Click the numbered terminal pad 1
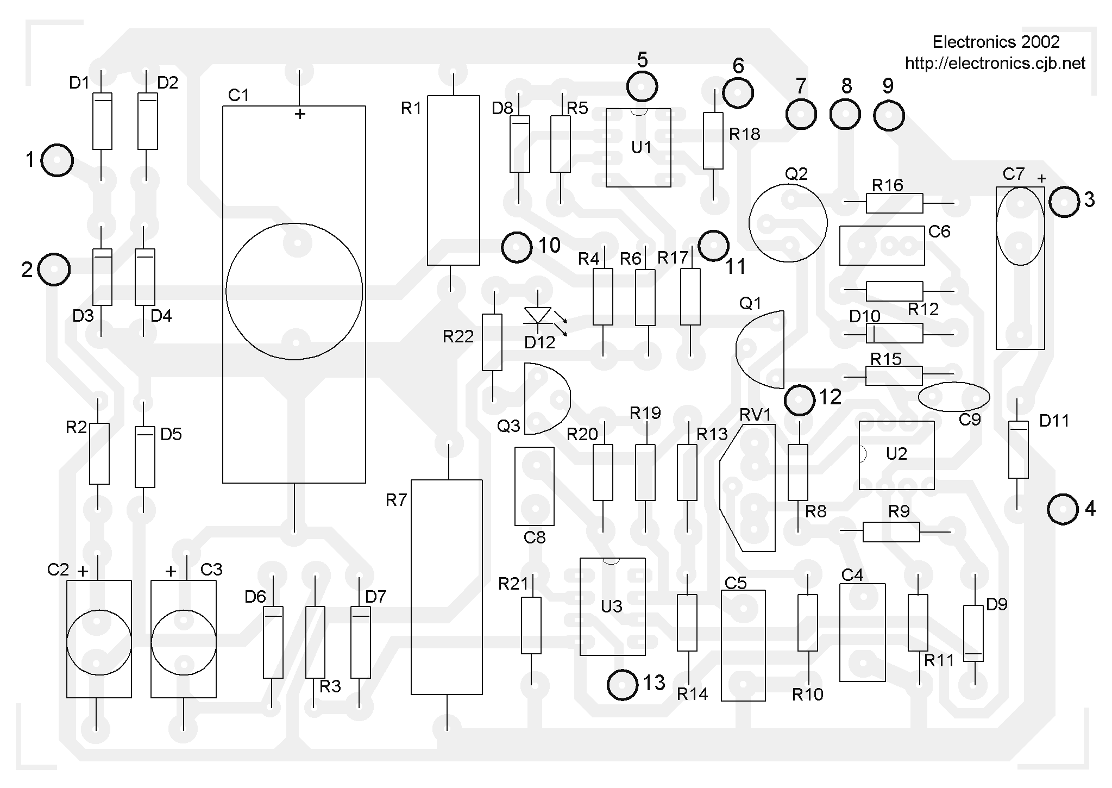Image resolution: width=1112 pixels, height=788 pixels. [x=57, y=160]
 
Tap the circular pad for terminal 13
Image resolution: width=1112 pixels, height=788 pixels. [x=623, y=685]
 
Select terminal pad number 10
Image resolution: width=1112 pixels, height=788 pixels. [x=516, y=247]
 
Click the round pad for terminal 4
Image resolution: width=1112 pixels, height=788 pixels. [x=1063, y=509]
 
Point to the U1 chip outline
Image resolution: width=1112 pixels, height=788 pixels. [x=638, y=148]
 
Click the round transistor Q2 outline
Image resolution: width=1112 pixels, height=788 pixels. [x=788, y=223]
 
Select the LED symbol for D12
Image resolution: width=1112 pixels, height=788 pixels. [x=538, y=316]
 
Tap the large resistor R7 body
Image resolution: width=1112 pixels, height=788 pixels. [x=447, y=587]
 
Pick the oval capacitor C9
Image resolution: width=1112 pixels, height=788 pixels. [x=953, y=397]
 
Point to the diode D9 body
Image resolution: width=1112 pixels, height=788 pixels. [x=973, y=633]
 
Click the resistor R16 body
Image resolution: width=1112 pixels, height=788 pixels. [x=894, y=203]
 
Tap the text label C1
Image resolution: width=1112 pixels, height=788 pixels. [x=238, y=96]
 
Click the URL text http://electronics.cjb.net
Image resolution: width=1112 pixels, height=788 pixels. [x=995, y=64]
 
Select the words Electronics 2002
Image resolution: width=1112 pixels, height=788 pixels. [x=996, y=42]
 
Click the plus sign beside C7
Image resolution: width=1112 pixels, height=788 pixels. [x=1041, y=178]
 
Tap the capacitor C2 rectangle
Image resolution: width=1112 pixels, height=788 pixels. [x=99, y=639]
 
